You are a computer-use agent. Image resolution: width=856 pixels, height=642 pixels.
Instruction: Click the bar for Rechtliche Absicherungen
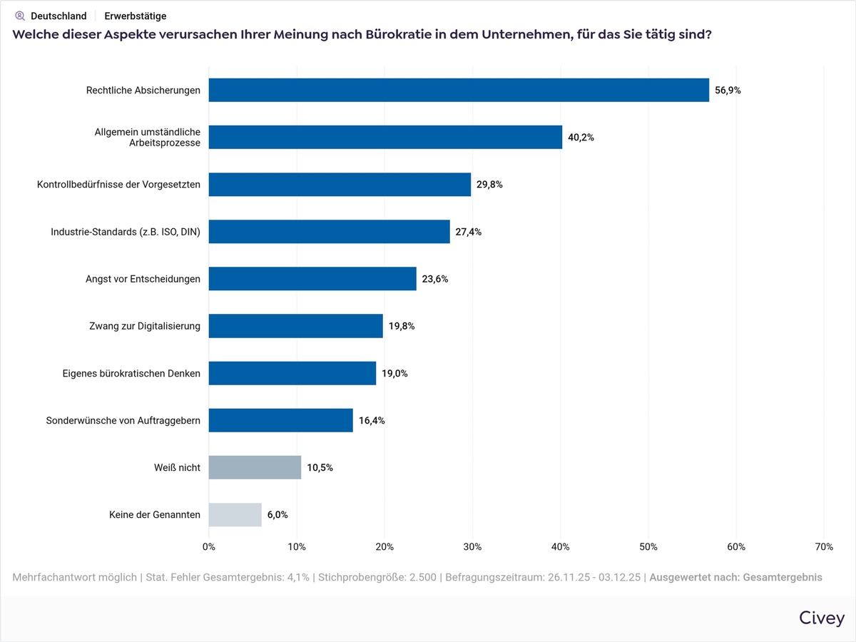[x=459, y=90]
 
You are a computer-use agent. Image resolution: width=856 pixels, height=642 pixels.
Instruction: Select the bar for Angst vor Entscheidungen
[x=312, y=279]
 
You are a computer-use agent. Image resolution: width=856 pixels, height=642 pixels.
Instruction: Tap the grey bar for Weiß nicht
[x=255, y=467]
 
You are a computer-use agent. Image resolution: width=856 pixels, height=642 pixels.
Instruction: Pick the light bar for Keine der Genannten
[x=235, y=514]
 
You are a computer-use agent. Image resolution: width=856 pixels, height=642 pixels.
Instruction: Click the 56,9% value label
[x=728, y=91]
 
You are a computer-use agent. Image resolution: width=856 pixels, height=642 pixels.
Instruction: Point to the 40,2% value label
[x=581, y=138]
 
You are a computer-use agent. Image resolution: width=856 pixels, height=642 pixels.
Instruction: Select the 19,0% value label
[x=394, y=373]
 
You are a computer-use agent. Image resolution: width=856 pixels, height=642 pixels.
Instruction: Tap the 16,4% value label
[x=372, y=420]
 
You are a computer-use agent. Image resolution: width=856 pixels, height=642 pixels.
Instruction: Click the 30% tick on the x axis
[x=472, y=546]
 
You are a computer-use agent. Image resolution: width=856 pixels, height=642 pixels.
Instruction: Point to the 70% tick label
[x=823, y=546]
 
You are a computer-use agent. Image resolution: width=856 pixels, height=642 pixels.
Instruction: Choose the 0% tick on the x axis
[x=209, y=546]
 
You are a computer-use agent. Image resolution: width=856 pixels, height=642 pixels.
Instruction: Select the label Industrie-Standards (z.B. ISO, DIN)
[x=126, y=232]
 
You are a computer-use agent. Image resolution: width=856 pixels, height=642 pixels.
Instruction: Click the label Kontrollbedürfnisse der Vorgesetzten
[x=118, y=185]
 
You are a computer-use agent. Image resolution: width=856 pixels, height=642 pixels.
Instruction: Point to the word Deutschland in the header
[x=58, y=16]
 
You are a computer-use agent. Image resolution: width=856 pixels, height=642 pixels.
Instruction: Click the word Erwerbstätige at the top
[x=136, y=16]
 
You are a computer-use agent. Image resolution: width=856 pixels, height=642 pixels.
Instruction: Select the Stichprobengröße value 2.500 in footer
[x=422, y=577]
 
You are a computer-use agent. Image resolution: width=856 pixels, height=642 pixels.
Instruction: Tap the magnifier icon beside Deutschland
[x=20, y=16]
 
